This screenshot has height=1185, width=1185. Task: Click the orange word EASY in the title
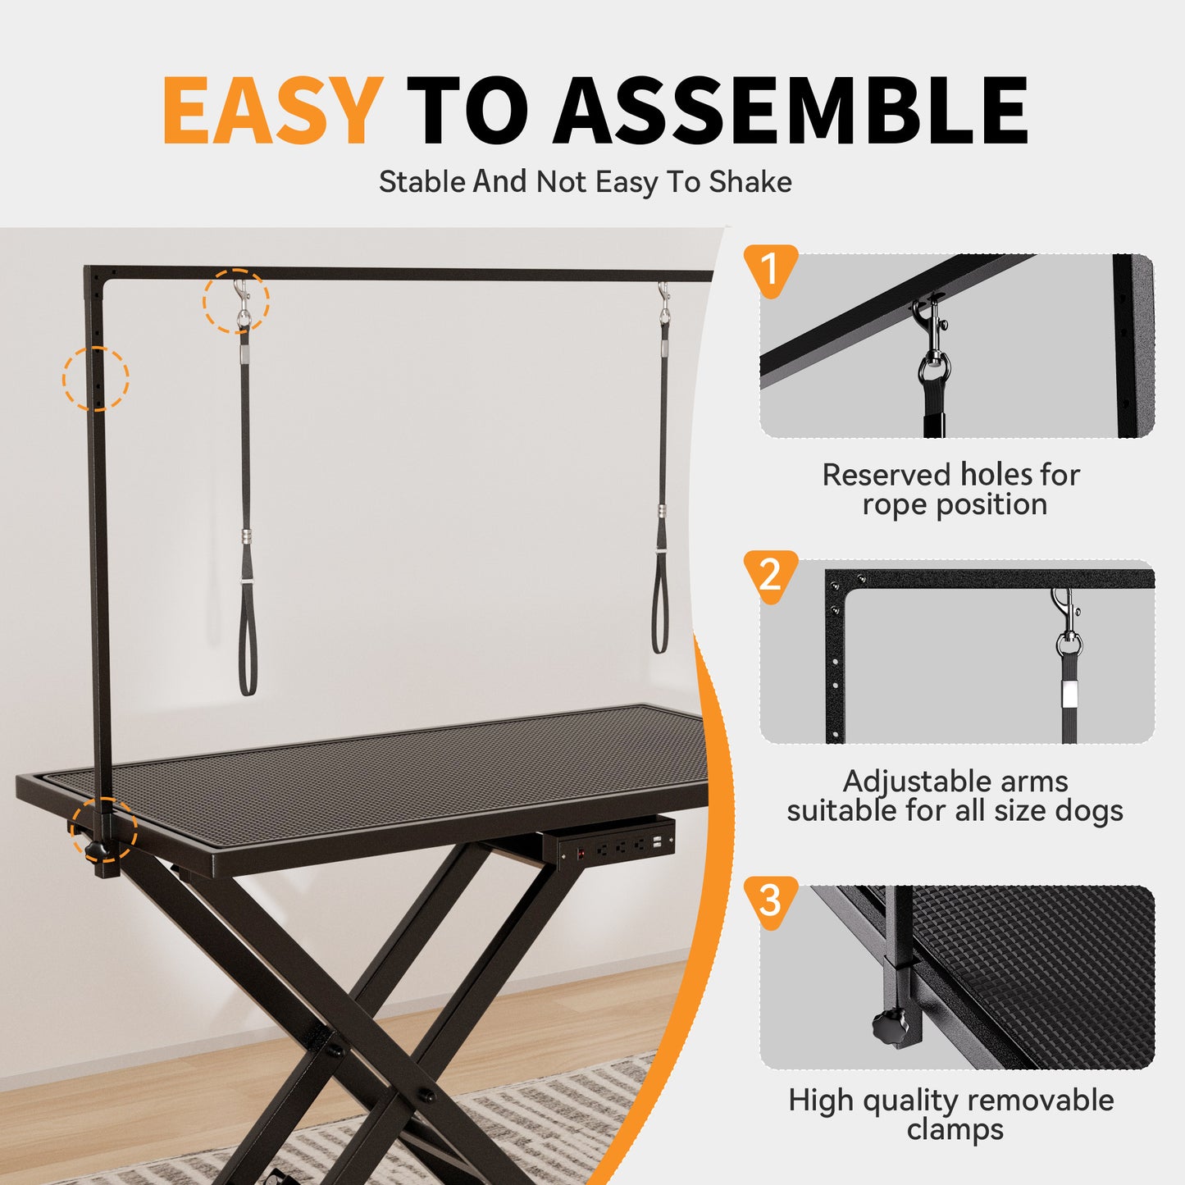coord(272,111)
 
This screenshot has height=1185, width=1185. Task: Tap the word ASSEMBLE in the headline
coord(791,111)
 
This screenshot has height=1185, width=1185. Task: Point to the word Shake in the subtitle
coord(750,182)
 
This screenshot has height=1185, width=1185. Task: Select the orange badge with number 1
coord(769,269)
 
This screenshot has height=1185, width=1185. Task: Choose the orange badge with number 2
coord(769,575)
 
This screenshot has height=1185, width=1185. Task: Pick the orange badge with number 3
coord(769,900)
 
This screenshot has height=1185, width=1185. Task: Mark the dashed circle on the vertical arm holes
coord(96,378)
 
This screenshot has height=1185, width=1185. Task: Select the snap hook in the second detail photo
coord(1066,619)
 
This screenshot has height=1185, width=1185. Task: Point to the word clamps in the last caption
coord(955,1129)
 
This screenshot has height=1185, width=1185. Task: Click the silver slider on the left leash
coord(246,537)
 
